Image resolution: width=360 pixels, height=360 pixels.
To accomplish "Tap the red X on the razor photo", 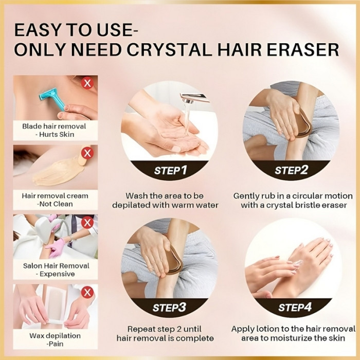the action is [x=87, y=83].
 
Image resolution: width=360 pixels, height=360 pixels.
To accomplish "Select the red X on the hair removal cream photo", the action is [x=87, y=153].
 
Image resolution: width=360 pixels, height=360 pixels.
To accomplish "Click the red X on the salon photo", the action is [x=87, y=223].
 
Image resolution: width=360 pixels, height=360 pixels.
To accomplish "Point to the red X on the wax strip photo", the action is [x=87, y=292].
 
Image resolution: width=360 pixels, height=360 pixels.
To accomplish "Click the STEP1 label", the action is [x=171, y=170].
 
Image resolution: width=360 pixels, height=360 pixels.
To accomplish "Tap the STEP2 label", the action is [x=291, y=170].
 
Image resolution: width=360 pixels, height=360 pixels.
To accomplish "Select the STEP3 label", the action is [x=169, y=308].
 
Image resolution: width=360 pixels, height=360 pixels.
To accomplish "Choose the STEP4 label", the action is [x=295, y=307].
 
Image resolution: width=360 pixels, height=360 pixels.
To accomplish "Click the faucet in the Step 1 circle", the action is [x=194, y=98].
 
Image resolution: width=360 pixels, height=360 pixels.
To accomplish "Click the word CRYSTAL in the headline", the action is [x=169, y=49].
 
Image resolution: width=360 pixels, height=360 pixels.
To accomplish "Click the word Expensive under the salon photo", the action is [x=57, y=274].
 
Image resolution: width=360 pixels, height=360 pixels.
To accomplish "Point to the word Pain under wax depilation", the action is [x=56, y=344].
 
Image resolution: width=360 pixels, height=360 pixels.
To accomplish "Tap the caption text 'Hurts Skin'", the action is [x=57, y=134].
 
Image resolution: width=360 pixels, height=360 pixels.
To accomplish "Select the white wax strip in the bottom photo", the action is [x=56, y=303].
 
